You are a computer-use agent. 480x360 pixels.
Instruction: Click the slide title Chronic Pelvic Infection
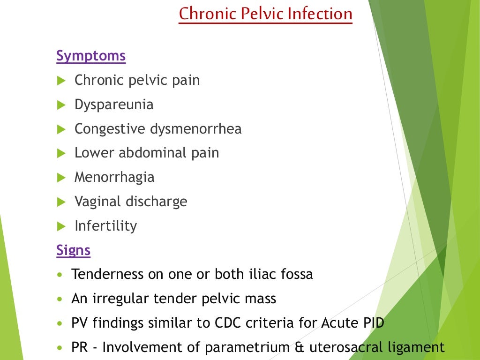coord(265,14)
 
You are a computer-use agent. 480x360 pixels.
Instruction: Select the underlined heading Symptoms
coord(91,56)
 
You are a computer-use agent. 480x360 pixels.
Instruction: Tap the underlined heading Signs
coord(73,250)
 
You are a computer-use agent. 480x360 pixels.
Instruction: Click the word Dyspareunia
coord(114,105)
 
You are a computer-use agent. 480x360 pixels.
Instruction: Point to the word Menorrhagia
coord(114,177)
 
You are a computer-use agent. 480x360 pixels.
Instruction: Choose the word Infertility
coord(106,226)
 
